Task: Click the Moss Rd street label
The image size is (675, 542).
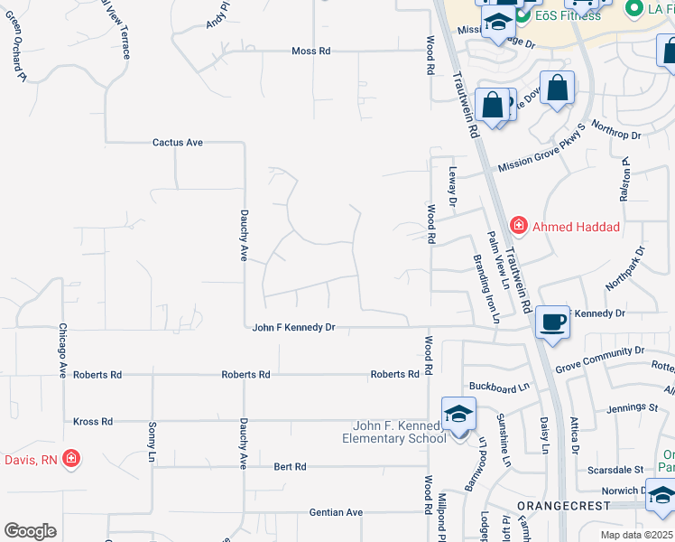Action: coord(310,51)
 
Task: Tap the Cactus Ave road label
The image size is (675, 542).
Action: coord(177,143)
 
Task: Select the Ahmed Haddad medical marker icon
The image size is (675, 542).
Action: coord(519,225)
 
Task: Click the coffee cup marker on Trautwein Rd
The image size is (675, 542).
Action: coord(551,321)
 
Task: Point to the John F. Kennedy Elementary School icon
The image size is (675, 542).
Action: coord(458,415)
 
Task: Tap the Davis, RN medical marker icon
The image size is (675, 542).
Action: coord(71,460)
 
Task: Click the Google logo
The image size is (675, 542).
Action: coord(30,530)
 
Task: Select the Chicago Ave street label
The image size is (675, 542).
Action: coord(63,350)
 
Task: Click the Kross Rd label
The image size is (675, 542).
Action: coord(93,422)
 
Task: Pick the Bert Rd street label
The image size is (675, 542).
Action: coord(291,467)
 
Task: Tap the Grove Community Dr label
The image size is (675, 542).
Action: coord(599,359)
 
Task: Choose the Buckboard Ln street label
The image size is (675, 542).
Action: coord(498,389)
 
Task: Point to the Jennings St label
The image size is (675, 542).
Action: coord(632,408)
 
